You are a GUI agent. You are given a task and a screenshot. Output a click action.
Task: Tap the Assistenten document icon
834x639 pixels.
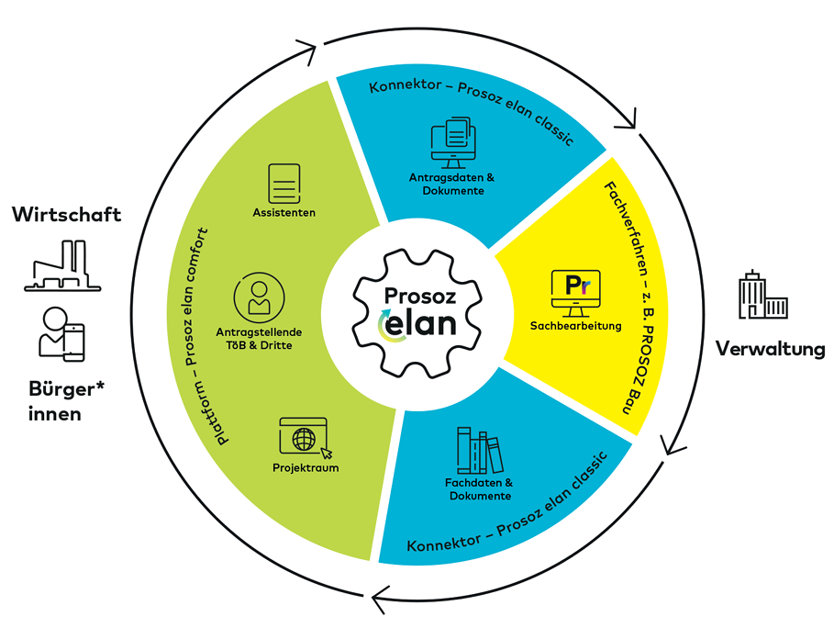[x=284, y=184]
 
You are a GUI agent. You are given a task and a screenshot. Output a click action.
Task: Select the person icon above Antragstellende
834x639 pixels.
[x=259, y=297]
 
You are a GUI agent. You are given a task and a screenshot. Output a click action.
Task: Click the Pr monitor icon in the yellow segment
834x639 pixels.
[x=575, y=293]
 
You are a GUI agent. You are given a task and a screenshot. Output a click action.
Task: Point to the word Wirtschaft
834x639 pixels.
[x=66, y=215]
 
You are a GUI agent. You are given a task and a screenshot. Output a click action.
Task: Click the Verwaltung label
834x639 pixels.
[x=769, y=349]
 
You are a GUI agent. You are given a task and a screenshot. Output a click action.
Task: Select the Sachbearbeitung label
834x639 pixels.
[x=575, y=325]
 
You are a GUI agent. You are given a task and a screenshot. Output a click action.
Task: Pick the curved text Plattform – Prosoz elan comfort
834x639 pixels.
[x=217, y=335]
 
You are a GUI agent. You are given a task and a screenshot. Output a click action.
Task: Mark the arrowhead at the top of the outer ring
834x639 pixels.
[x=312, y=51]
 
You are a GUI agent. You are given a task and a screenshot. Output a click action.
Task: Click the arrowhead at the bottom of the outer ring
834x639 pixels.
[x=379, y=602]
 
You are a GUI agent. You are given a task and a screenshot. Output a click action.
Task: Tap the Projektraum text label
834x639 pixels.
[x=306, y=468]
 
